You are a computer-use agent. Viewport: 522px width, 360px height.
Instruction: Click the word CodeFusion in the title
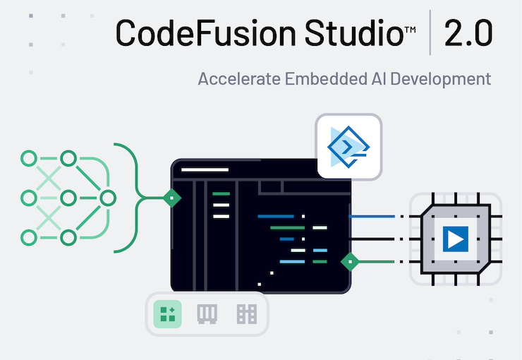click(195, 32)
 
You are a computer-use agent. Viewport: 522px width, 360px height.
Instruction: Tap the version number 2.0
click(468, 32)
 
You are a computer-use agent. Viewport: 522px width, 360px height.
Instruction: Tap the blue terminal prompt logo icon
click(349, 145)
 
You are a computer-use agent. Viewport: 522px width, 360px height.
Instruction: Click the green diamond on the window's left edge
click(171, 198)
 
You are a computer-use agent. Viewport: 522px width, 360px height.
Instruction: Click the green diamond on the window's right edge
click(350, 262)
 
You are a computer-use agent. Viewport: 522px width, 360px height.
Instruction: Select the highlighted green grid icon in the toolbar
click(168, 314)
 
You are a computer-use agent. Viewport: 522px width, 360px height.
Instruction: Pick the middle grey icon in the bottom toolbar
click(207, 314)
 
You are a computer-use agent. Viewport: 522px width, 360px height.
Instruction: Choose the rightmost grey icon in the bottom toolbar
click(246, 314)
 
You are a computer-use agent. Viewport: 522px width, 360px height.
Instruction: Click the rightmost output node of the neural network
click(107, 198)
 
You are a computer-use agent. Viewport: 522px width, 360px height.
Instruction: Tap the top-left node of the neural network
click(28, 158)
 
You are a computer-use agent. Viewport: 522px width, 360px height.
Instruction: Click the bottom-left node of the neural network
click(28, 238)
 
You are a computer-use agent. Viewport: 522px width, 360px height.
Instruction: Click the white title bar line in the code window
click(205, 169)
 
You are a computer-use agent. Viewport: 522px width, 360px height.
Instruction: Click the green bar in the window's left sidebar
click(221, 193)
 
